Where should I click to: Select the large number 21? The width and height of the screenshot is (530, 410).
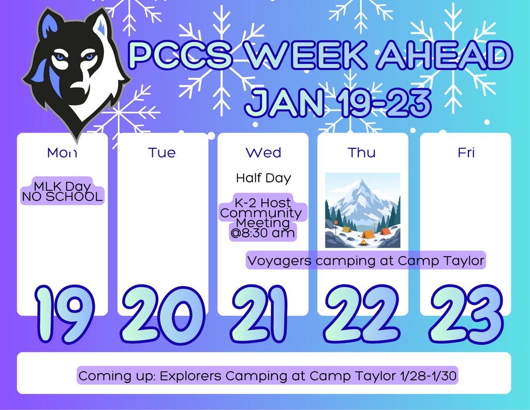[x=259, y=315]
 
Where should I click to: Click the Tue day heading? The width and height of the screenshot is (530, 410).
[x=161, y=152]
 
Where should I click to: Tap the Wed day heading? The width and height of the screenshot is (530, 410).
[x=263, y=152]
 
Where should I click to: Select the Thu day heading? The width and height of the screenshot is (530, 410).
[x=362, y=152]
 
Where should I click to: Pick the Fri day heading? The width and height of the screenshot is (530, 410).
[x=466, y=152]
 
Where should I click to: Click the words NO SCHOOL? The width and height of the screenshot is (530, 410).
[x=62, y=197]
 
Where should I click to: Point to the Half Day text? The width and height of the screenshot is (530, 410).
[x=263, y=178]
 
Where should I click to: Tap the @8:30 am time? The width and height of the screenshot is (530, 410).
[x=263, y=233]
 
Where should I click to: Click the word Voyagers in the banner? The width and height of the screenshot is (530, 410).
[x=279, y=260]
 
